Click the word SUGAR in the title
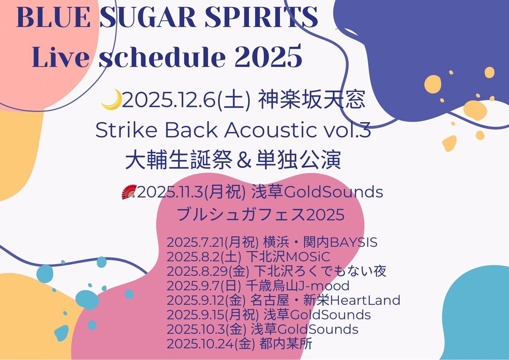(148, 17)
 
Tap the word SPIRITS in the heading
(261, 17)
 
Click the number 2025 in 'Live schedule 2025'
(268, 56)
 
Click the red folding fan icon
(129, 192)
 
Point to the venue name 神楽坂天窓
(312, 100)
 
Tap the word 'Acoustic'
(270, 130)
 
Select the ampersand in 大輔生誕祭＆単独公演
(244, 160)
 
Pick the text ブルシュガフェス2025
(260, 215)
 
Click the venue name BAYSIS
(354, 242)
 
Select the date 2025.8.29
(197, 271)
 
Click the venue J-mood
(324, 286)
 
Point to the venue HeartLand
(365, 300)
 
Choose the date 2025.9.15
(196, 315)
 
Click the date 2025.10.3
(196, 329)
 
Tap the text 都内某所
(285, 344)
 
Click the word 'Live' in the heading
(60, 56)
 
